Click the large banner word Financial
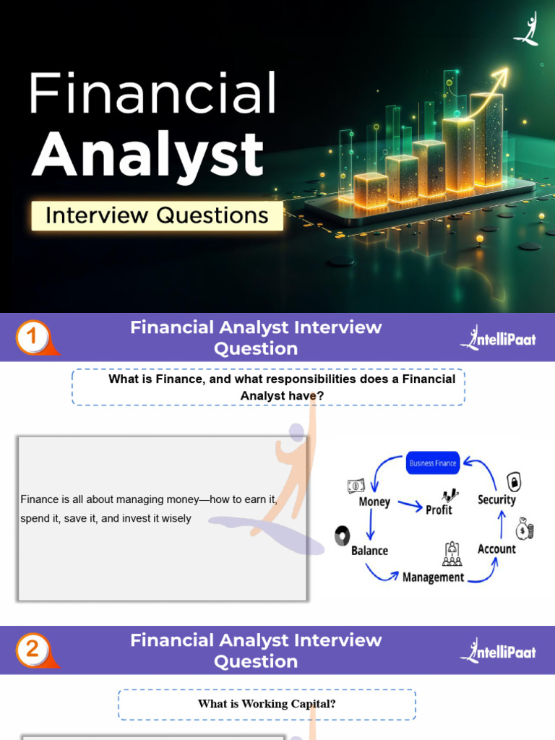[152, 94]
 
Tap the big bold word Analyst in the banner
[147, 153]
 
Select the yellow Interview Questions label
[157, 215]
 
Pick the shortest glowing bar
[371, 189]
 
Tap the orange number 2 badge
[33, 650]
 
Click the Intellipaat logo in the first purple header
[499, 337]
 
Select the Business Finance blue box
[433, 463]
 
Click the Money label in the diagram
[374, 502]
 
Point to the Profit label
[439, 509]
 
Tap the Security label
[496, 499]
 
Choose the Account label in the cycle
[496, 549]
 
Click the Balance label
[369, 551]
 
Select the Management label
[433, 577]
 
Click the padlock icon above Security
[513, 481]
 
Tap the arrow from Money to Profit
[410, 507]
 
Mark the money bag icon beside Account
[525, 530]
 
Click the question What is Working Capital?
[267, 704]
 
